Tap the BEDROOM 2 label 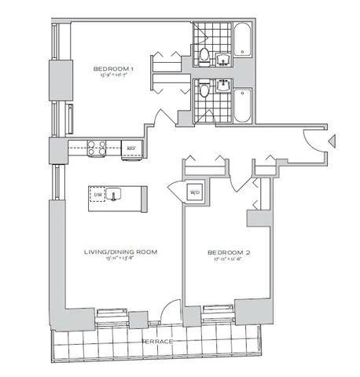pos(227,252)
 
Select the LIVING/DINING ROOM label pos(121,252)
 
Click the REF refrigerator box pos(131,148)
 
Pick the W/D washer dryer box pos(193,191)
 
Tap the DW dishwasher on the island pos(98,195)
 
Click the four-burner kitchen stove pos(96,147)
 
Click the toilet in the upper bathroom pos(204,55)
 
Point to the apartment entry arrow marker pos(332,142)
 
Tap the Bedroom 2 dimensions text pos(227,260)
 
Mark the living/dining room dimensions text pos(121,260)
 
